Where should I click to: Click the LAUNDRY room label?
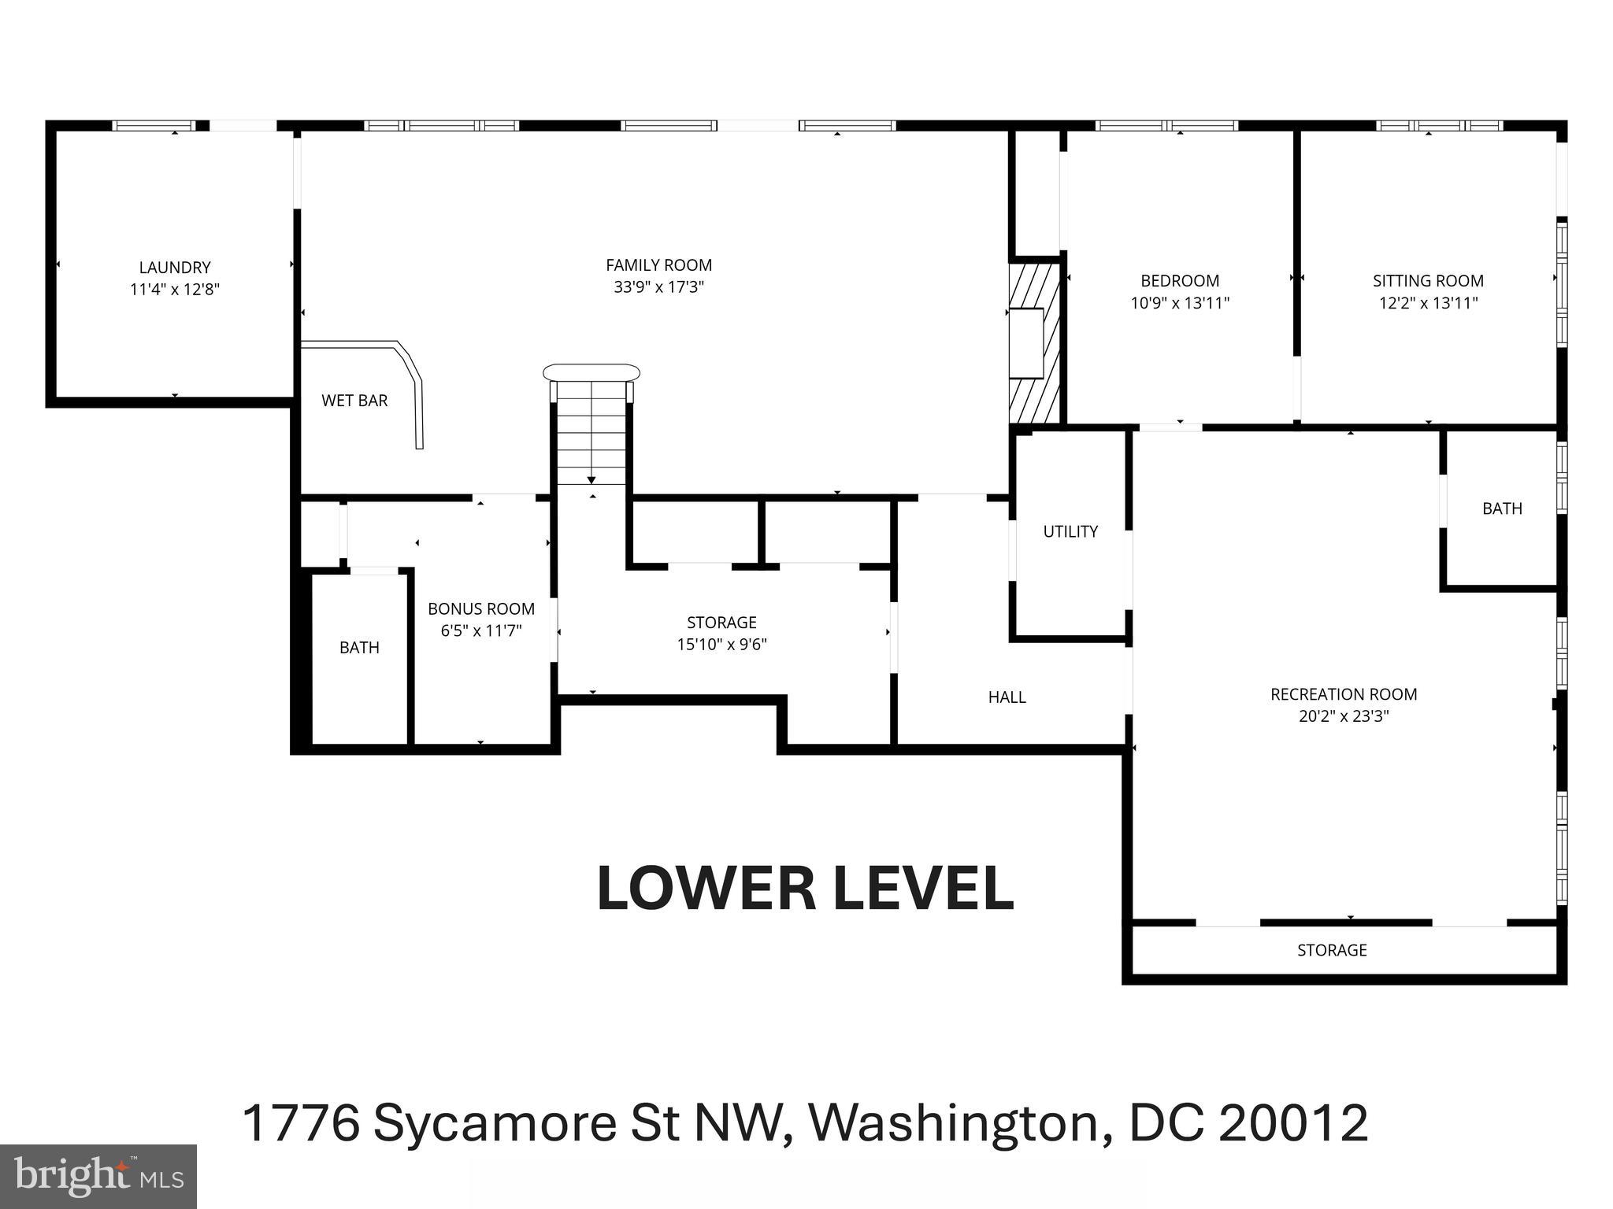coord(175,268)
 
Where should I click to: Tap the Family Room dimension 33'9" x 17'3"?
coord(658,287)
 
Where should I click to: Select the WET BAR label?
coord(354,401)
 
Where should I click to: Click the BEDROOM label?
coord(1180,281)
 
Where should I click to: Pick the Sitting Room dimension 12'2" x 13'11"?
coord(1428,303)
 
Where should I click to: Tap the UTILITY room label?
coord(1070,532)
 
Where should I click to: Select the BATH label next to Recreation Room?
coord(1502,508)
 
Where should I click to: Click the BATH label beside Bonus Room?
coord(359,648)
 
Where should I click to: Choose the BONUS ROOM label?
coord(481,609)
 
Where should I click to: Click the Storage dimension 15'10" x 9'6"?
coord(721,645)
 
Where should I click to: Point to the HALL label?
coord(1007,697)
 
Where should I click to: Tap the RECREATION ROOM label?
coord(1344,695)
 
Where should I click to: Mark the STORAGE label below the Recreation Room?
coord(1332,950)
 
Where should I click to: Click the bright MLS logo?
coord(98,1176)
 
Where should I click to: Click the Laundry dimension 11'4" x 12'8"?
coord(175,290)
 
